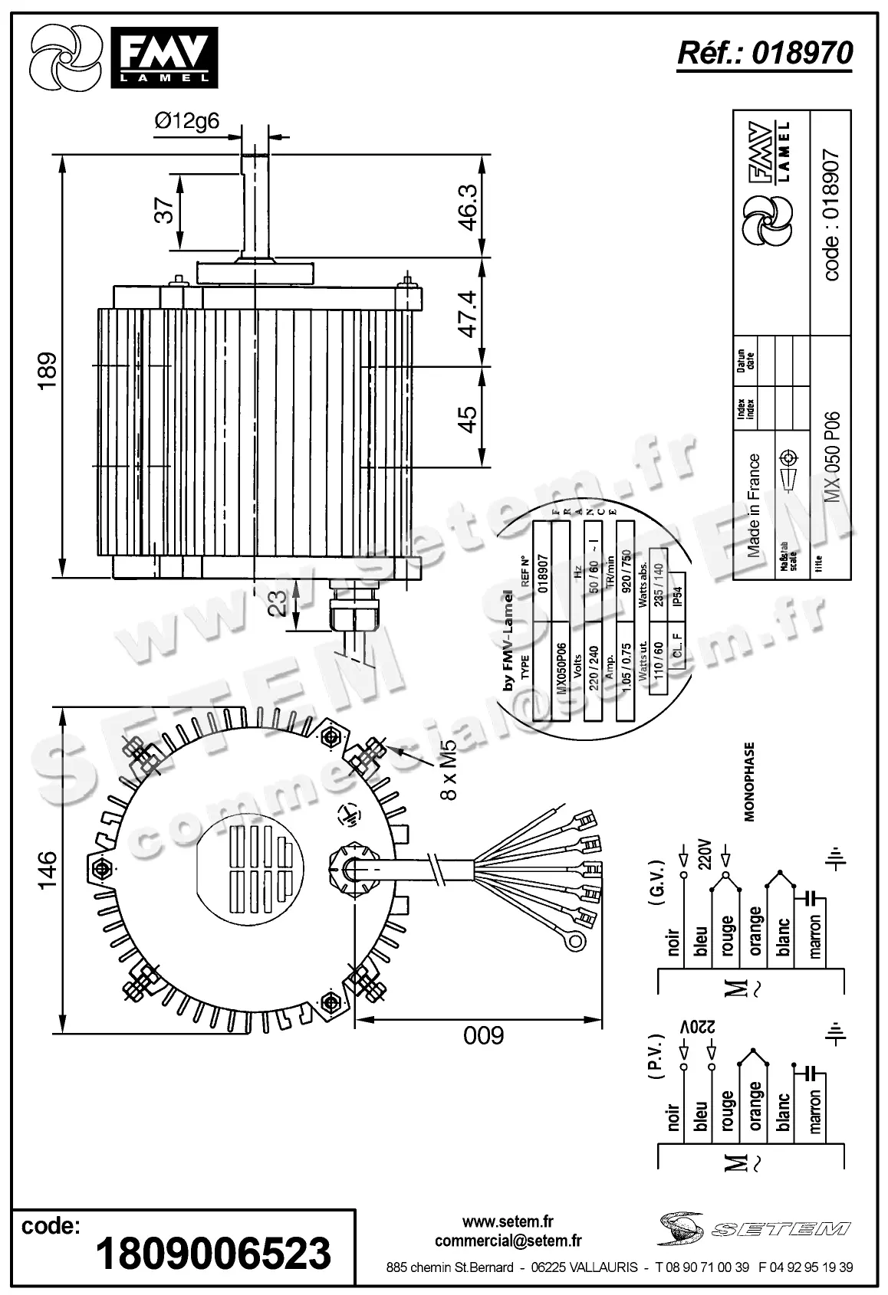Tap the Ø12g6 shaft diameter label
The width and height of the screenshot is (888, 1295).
point(186,120)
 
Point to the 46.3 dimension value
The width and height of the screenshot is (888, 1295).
point(467,206)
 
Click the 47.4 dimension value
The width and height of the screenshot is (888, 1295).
point(467,313)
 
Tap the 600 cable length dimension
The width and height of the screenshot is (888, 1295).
point(484,1036)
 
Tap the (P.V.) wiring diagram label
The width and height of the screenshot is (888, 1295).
point(657,1077)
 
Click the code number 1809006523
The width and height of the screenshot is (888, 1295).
point(212,1253)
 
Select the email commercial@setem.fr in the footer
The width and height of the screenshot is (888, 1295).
point(508,1241)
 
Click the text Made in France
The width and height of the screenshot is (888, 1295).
point(755,507)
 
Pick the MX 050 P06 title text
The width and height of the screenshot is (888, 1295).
point(833,457)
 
